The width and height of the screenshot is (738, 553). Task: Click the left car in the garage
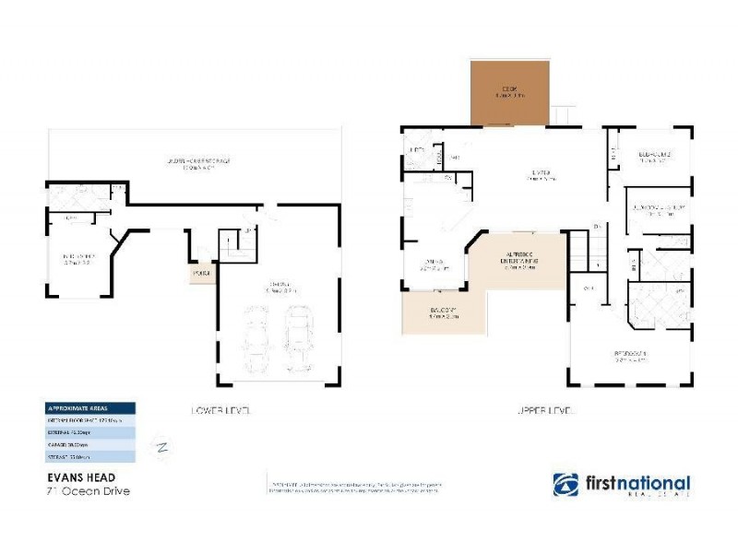click(x=256, y=342)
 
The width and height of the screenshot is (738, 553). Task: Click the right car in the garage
click(x=299, y=337)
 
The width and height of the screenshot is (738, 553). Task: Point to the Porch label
click(x=202, y=273)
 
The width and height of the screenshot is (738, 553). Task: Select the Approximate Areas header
click(x=89, y=408)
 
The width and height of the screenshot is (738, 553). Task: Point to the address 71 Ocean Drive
click(x=88, y=490)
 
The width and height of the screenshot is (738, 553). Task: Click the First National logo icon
click(x=565, y=485)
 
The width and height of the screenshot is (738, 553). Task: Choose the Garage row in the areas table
click(x=89, y=442)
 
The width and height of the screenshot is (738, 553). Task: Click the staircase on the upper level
click(x=577, y=250)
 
